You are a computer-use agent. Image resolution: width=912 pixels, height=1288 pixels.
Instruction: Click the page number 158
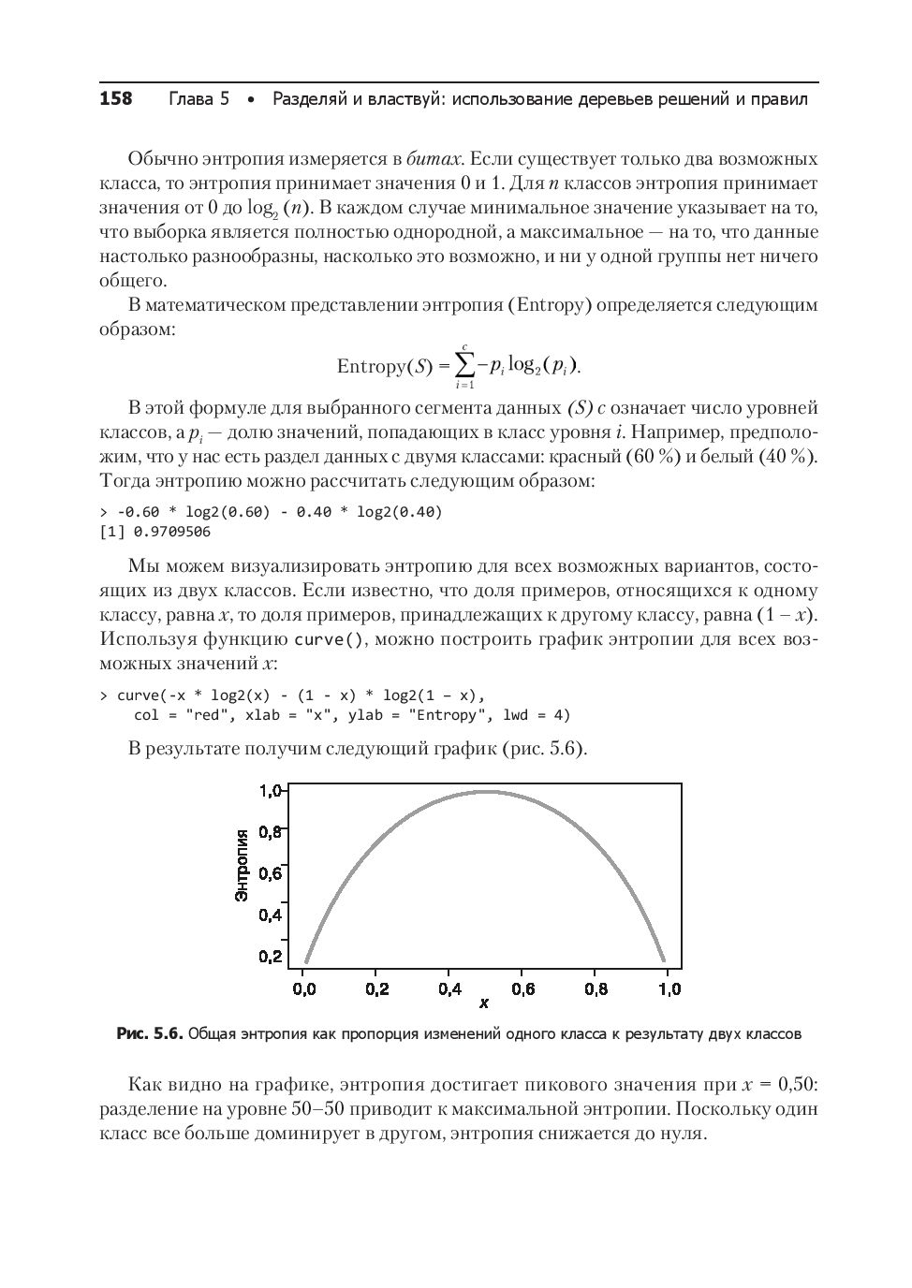pos(116,99)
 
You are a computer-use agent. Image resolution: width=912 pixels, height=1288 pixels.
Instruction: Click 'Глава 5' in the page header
pos(199,99)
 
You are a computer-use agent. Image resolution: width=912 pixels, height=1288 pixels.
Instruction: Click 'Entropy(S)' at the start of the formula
pos(384,366)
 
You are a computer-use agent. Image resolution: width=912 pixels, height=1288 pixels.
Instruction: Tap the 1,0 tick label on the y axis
pos(270,791)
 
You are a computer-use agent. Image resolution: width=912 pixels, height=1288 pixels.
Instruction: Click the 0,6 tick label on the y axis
pos(270,873)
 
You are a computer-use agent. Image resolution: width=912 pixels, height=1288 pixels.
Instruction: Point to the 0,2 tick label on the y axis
pos(270,957)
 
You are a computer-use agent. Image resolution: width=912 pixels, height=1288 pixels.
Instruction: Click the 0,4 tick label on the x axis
pos(449,988)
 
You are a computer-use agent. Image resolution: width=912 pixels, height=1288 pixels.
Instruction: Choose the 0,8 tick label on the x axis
pos(596,988)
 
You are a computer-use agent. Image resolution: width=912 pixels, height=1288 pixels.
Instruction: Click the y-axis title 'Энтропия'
pos(242,865)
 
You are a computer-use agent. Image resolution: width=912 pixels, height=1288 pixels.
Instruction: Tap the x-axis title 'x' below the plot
pos(484,1003)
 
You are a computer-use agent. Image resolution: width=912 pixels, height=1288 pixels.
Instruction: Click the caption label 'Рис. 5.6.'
pos(149,1034)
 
